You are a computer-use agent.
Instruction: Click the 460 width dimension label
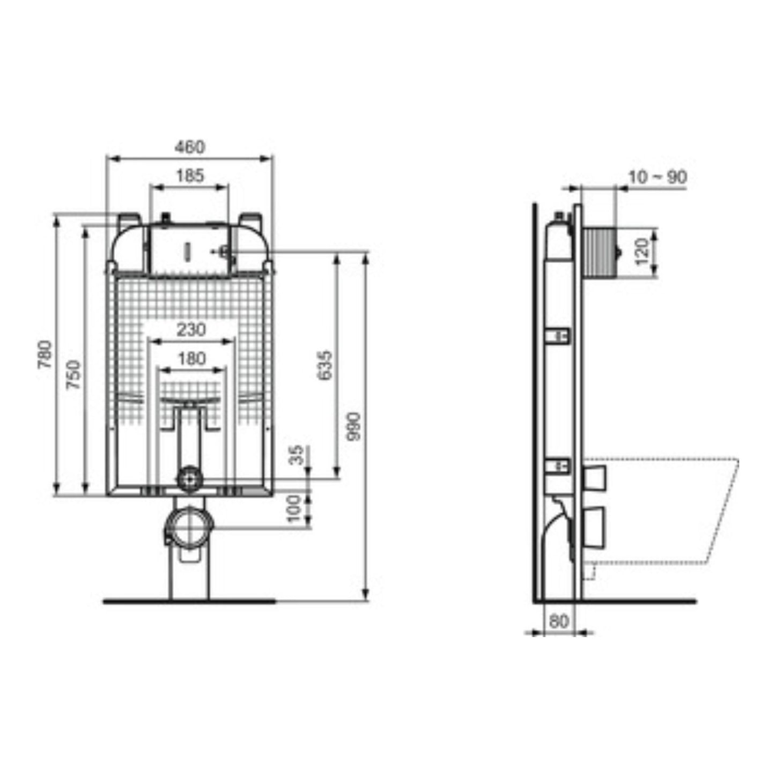[x=189, y=147]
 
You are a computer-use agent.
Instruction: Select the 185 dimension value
[x=190, y=175]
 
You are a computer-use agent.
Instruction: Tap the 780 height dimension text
[x=45, y=355]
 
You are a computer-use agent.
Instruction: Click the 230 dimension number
[x=191, y=330]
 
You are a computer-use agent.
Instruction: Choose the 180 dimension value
[x=191, y=358]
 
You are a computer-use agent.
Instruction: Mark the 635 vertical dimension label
[x=325, y=365]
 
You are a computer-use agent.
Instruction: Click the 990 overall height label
[x=355, y=427]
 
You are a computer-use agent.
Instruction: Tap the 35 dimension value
[x=297, y=455]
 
